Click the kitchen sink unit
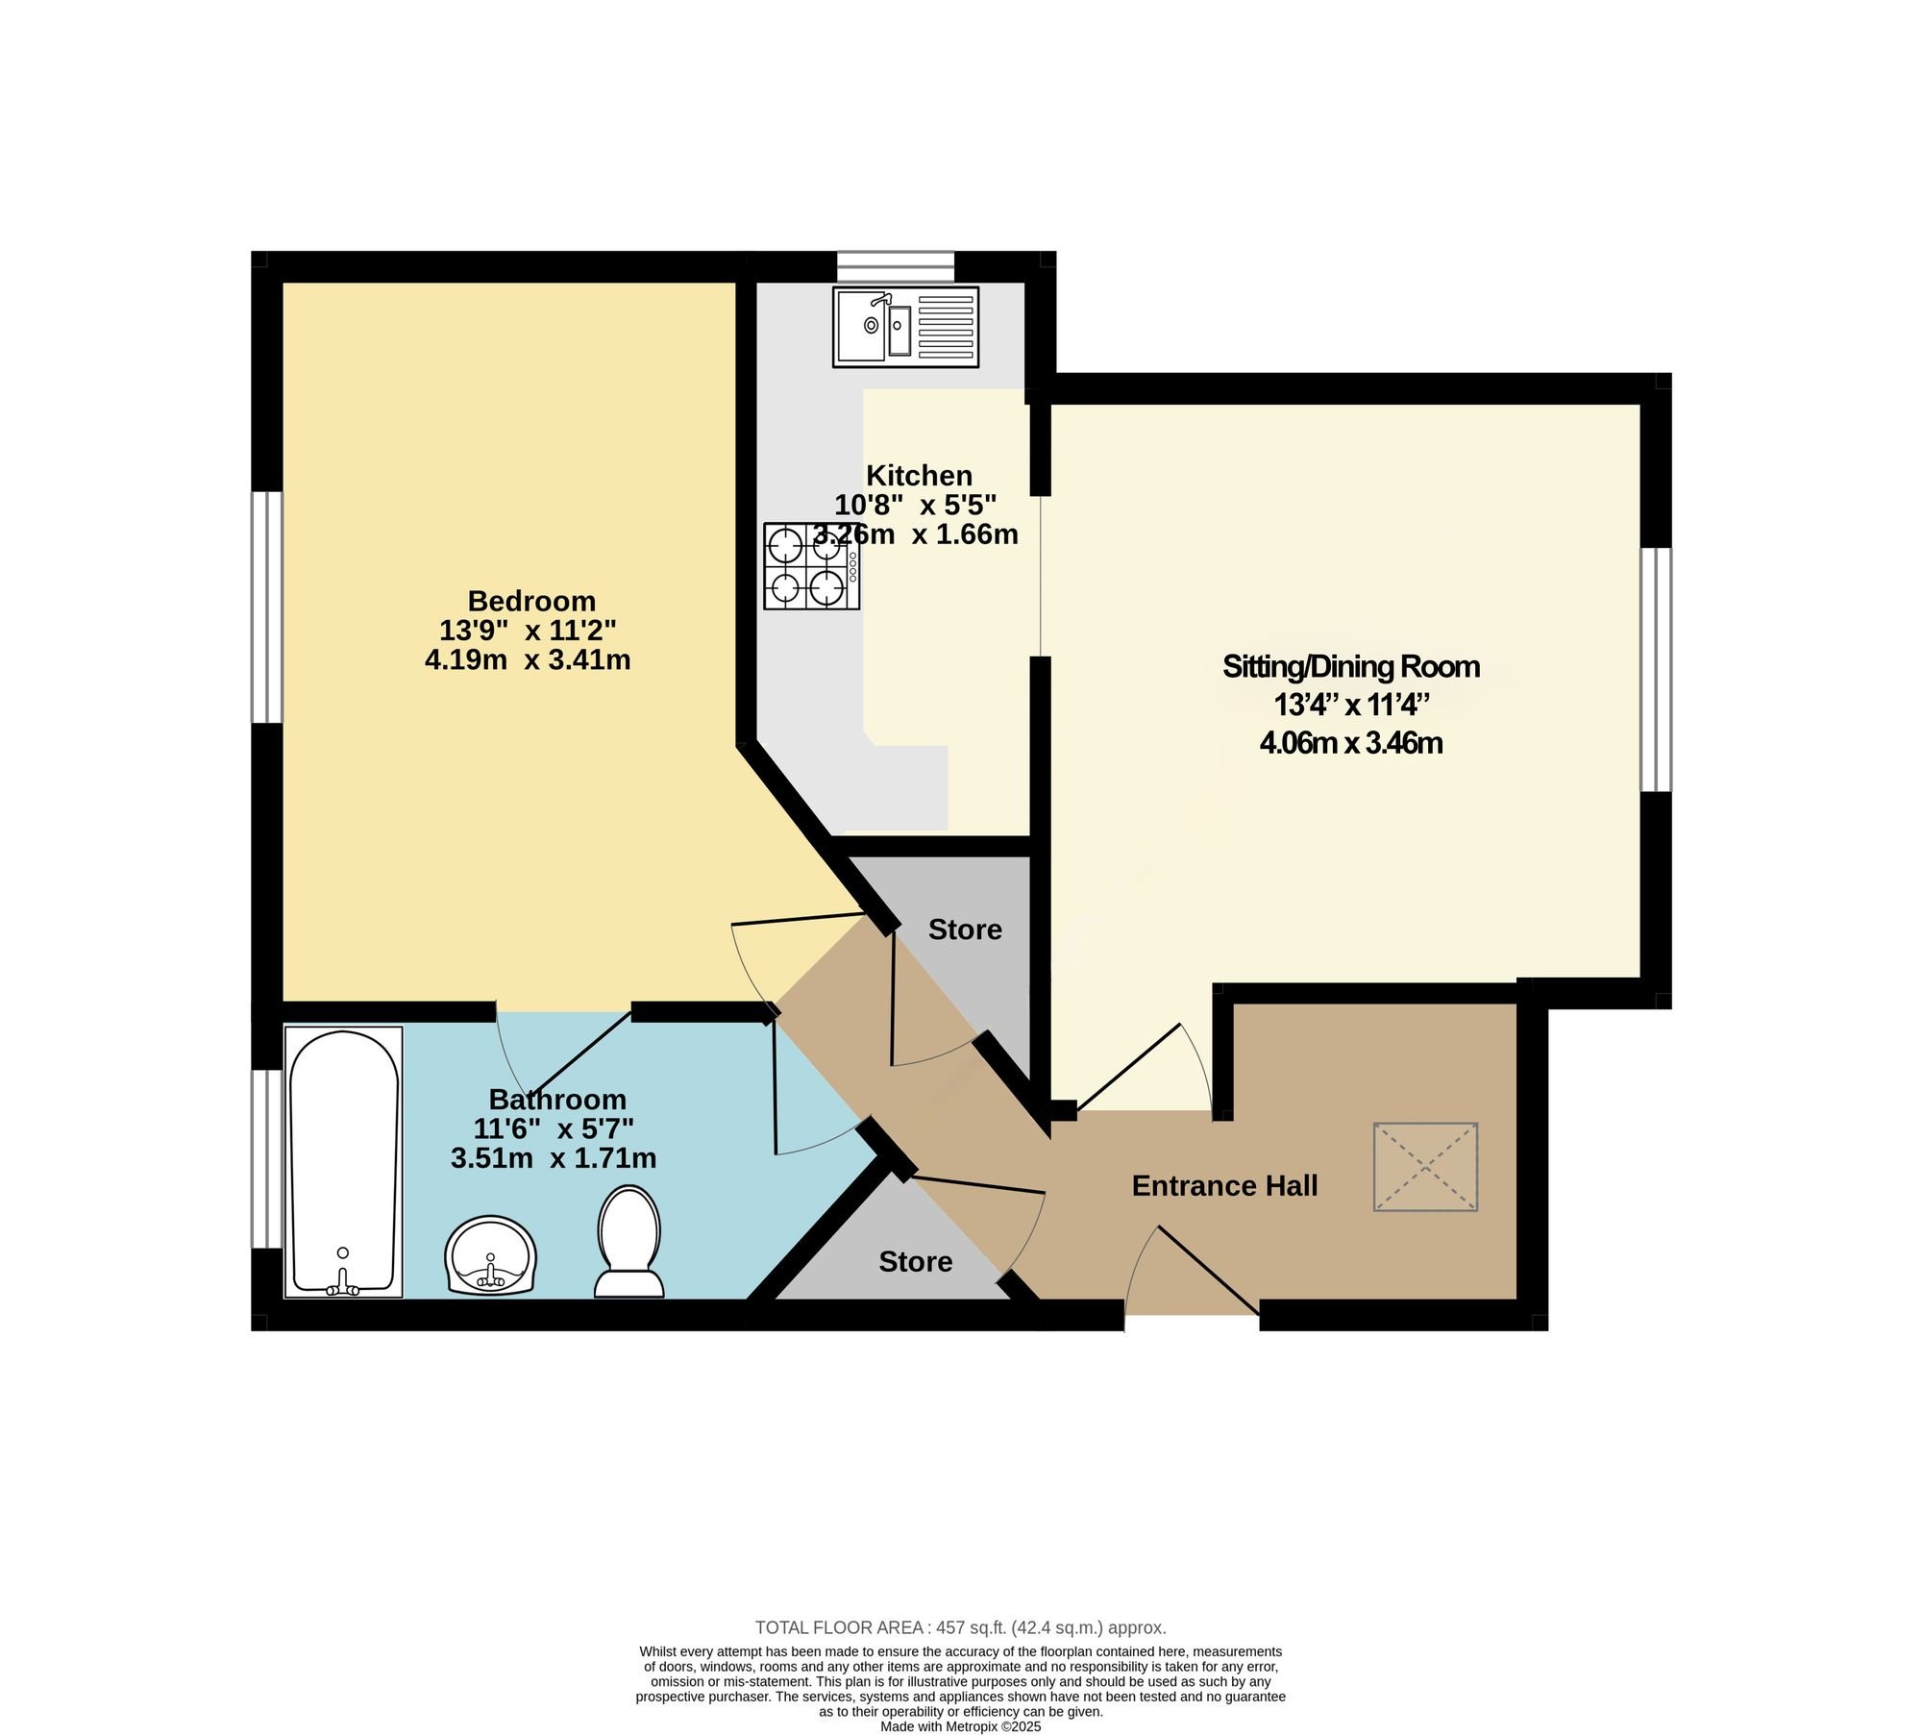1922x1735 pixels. pos(905,327)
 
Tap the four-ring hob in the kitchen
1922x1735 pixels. pos(811,566)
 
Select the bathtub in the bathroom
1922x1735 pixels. pos(343,1161)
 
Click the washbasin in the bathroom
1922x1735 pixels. pos(490,1255)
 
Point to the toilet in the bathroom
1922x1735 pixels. pos(629,1241)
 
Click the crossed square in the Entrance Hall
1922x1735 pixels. pos(1425,1166)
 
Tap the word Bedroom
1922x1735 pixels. pos(531,601)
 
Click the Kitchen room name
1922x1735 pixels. pos(920,475)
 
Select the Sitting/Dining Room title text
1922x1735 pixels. pos(1350,666)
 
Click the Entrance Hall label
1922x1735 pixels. pos(1224,1185)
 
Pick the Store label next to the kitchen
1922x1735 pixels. pos(965,929)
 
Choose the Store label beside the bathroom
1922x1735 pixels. pos(916,1261)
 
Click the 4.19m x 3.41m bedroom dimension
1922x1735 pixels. pos(528,660)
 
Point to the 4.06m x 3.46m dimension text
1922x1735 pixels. pos(1351,743)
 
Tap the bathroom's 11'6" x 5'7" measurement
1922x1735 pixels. pos(554,1128)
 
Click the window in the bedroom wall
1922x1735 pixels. pos(267,607)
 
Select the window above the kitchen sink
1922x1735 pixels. pos(896,267)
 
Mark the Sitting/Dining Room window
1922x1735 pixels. pos(1656,669)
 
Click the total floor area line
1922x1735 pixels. pos(960,1627)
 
